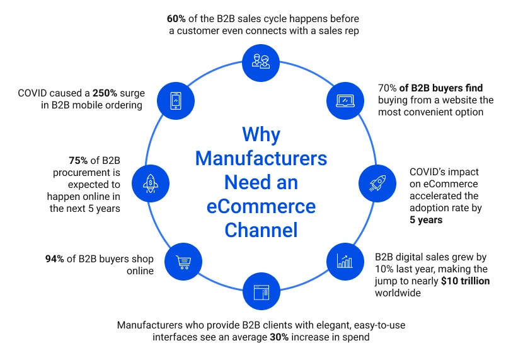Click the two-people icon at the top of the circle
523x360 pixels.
tap(261, 61)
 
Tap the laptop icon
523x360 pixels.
tap(346, 100)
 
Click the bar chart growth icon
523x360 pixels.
tap(345, 260)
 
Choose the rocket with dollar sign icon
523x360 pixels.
tap(150, 183)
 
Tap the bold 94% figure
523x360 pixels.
tap(56, 258)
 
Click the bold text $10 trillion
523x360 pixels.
tap(465, 281)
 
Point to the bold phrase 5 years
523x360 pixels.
tap(426, 220)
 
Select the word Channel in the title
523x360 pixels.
tap(261, 230)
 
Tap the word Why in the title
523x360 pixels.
tap(261, 134)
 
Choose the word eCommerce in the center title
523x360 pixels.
tap(261, 206)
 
